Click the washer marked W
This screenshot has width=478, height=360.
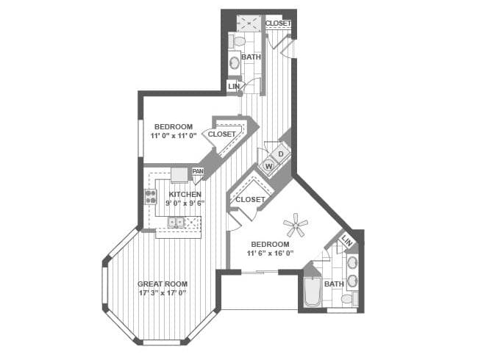point(269,166)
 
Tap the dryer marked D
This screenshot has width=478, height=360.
point(281,154)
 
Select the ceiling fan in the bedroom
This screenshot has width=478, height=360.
point(295,225)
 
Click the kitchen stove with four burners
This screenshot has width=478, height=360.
point(151,196)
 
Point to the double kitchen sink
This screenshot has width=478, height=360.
point(176,222)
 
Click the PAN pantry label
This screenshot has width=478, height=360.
point(198,171)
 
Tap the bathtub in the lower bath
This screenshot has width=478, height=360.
point(313,292)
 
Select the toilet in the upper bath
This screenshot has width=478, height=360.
point(238,41)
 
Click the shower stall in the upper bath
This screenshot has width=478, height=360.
point(249,24)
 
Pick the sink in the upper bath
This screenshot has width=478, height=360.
point(235,63)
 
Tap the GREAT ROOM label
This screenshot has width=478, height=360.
point(163,284)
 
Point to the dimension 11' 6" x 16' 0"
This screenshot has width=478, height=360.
point(270,253)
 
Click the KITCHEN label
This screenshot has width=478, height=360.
point(185,194)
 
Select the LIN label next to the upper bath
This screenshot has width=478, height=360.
point(234,87)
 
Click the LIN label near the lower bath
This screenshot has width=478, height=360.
point(347,241)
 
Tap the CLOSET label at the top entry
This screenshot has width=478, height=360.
point(278,24)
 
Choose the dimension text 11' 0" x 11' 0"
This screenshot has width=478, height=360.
point(174,135)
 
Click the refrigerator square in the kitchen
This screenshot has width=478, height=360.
point(179,175)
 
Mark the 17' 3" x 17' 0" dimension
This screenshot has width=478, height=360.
point(163,293)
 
